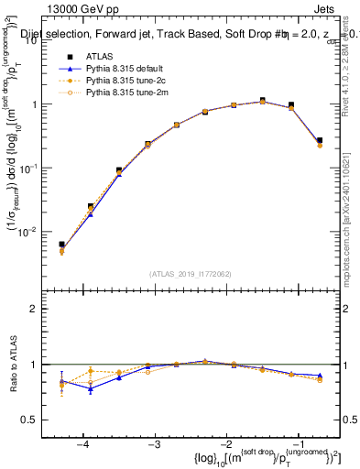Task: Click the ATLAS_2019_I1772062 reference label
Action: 190,273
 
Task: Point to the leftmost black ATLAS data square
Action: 61,245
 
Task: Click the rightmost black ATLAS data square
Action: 319,140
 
